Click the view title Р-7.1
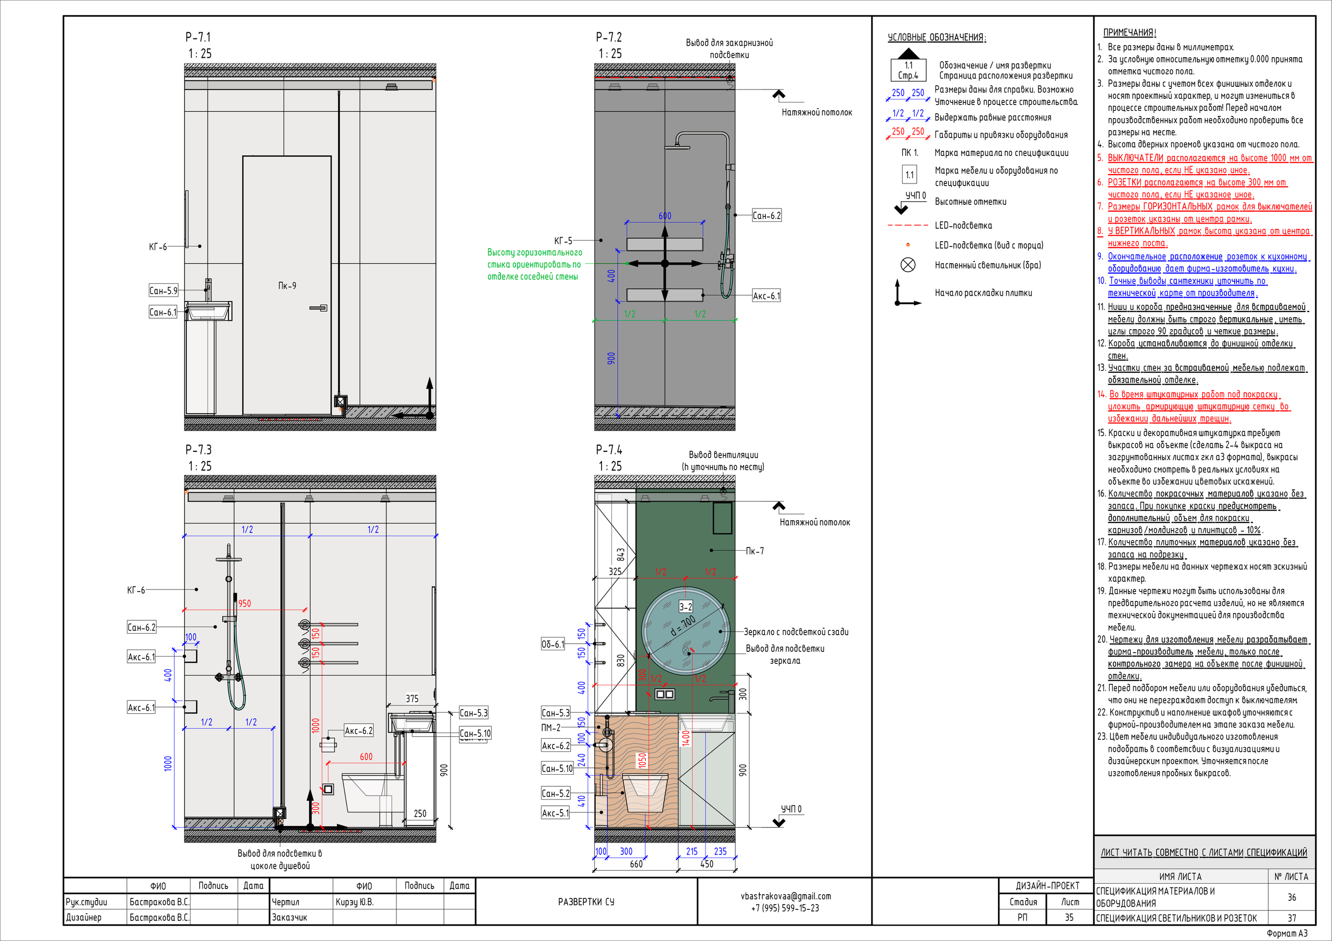click(x=198, y=37)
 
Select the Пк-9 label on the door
click(x=287, y=286)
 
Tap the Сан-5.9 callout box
click(x=163, y=291)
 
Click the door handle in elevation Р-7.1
click(x=318, y=308)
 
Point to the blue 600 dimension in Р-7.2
click(x=665, y=216)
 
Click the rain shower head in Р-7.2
click(x=677, y=146)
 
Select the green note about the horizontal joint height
click(x=534, y=265)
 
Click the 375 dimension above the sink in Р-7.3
click(x=412, y=699)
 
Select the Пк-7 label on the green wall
click(x=755, y=551)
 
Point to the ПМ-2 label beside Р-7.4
click(x=550, y=728)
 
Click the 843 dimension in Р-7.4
click(x=621, y=555)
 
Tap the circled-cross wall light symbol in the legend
click(x=908, y=265)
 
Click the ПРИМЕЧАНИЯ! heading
click(x=1130, y=32)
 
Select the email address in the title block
click(x=786, y=896)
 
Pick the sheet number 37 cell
click(x=1292, y=918)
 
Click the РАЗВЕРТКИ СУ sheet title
click(x=586, y=901)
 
